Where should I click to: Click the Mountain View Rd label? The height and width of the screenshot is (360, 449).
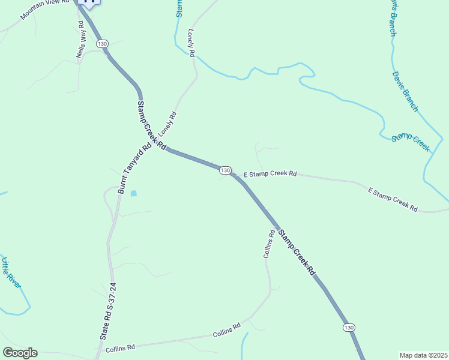tap(44, 10)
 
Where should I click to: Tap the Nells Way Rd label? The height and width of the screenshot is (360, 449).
tap(80, 40)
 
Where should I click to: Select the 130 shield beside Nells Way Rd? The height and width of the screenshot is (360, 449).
tap(102, 44)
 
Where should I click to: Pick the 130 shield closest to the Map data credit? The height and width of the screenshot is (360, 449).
tap(349, 327)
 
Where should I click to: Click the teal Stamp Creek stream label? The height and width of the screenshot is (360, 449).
tap(411, 143)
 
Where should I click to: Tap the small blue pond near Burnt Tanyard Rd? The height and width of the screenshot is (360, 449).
tap(133, 193)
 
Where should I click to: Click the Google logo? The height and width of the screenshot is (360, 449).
tap(20, 353)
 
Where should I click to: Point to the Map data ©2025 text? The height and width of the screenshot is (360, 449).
tap(423, 355)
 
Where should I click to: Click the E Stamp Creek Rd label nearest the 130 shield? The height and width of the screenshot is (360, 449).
tap(270, 174)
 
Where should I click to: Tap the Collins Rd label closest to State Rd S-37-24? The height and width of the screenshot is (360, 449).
tap(120, 347)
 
